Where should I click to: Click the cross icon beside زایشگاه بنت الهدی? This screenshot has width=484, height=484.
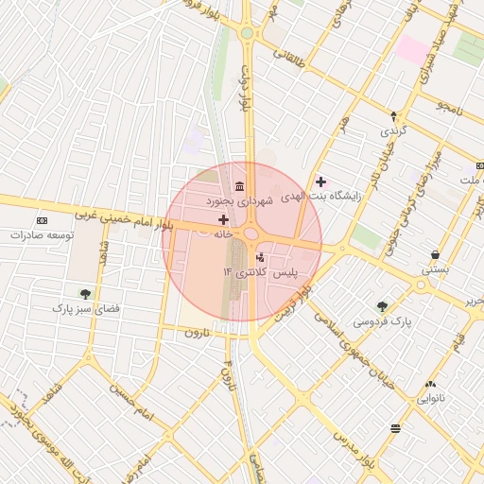coord(320,181)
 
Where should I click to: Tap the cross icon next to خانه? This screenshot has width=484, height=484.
coord(223,219)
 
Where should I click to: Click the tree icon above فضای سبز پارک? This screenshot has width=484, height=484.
coord(86,293)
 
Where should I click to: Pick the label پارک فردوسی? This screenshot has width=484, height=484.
coord(383,320)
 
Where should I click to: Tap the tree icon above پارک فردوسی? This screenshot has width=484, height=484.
coord(382,305)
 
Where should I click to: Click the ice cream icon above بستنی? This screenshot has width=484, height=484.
coord(434,254)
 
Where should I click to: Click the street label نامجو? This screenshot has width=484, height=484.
coord(451,108)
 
